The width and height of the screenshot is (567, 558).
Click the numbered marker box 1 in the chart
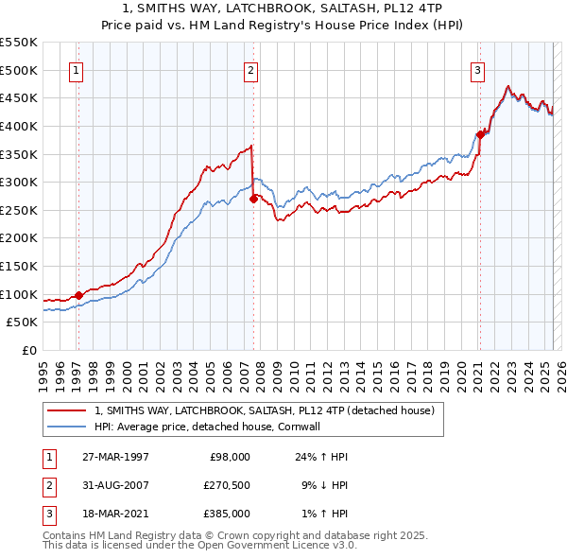tap(75, 69)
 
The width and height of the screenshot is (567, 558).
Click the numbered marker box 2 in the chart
tap(250, 69)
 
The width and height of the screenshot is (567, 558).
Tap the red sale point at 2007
tap(253, 199)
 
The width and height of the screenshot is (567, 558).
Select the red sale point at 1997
tap(78, 295)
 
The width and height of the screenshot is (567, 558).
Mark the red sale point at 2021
tap(480, 134)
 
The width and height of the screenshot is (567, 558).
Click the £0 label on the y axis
tap(28, 350)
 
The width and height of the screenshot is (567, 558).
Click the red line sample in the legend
tap(66, 411)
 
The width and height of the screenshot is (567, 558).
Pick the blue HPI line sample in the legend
tap(66, 427)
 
